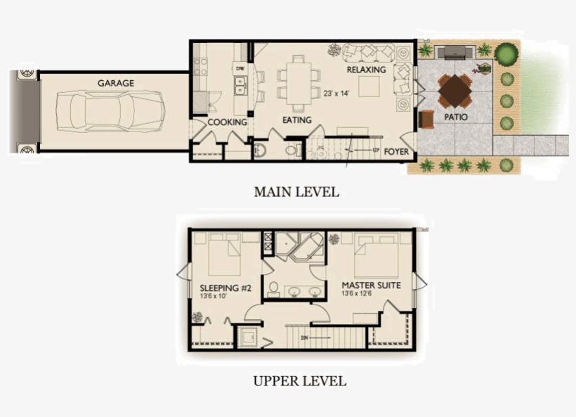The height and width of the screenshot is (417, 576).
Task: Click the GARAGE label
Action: [x=116, y=83]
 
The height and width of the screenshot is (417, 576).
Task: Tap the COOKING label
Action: [x=227, y=122]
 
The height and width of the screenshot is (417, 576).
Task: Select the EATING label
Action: [x=297, y=120]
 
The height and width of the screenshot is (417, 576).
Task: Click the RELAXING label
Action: [x=366, y=70]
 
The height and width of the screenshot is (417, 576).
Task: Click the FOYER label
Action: [x=397, y=150]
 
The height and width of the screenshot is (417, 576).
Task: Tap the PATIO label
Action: [x=456, y=116]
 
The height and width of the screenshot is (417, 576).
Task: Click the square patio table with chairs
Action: [x=455, y=89]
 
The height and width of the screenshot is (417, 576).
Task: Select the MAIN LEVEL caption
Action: [x=296, y=191]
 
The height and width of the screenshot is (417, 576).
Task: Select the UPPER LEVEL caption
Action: [x=299, y=381]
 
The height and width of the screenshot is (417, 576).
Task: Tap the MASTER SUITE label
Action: [x=371, y=286]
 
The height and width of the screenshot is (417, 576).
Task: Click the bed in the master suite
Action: [x=376, y=256]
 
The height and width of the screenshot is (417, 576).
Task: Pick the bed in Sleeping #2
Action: [x=226, y=256]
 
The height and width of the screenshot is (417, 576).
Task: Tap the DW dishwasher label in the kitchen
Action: [x=240, y=68]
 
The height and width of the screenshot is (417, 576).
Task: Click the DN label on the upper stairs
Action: [x=305, y=338]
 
